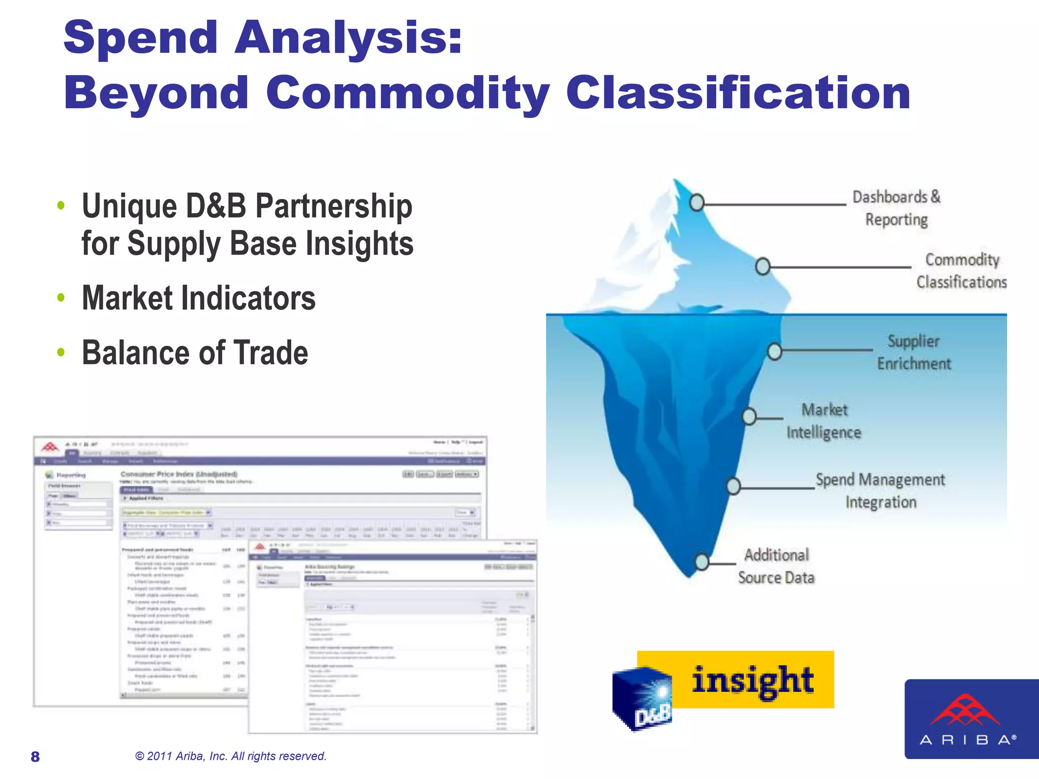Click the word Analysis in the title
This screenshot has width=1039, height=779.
click(x=348, y=38)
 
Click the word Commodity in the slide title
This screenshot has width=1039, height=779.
click(x=407, y=93)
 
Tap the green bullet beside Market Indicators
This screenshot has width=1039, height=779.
click(x=61, y=298)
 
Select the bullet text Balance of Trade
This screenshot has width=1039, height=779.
click(x=195, y=352)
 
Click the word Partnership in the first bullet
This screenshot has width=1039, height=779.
click(x=333, y=206)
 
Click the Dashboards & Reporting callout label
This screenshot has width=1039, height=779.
click(x=896, y=208)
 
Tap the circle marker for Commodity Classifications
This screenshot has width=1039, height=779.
click(x=763, y=266)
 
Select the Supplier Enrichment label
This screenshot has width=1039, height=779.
click(x=914, y=352)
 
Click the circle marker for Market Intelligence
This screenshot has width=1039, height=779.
click(x=749, y=417)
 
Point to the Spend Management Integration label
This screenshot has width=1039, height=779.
click(x=880, y=490)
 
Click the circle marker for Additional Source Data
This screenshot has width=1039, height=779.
click(x=702, y=561)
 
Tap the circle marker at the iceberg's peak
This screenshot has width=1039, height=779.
click(x=697, y=202)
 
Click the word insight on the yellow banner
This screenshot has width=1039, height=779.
click(x=752, y=681)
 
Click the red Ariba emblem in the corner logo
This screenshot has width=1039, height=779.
click(x=965, y=711)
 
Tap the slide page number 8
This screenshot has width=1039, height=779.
click(x=35, y=757)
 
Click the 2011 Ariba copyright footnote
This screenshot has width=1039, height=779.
click(x=231, y=756)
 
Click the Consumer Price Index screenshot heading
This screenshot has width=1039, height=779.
click(x=179, y=474)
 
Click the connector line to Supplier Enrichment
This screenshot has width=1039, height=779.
click(x=827, y=350)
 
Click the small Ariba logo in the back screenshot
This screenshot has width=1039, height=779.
click(x=50, y=447)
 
